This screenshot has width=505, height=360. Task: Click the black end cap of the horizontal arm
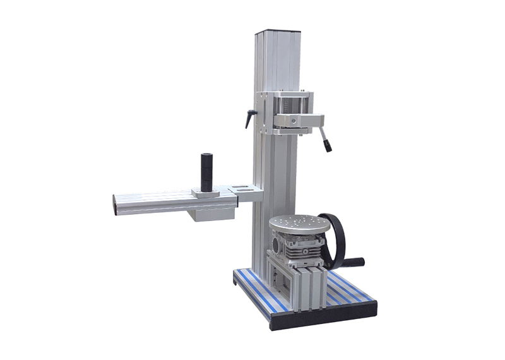coord(115,205)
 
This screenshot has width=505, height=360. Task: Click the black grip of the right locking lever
coord(328,146)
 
